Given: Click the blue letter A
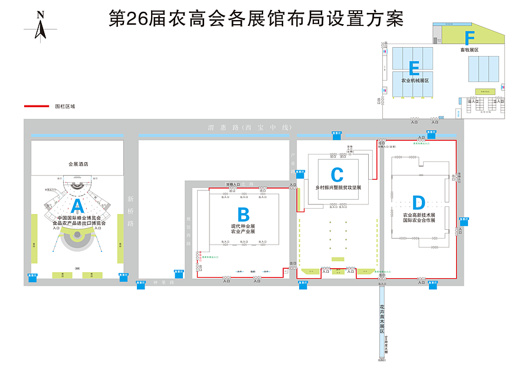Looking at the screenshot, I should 77,206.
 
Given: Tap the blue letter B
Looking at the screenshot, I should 243,214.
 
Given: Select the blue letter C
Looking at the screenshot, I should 337,174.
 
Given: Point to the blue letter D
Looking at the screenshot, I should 418,203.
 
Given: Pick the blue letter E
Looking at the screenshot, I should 414,68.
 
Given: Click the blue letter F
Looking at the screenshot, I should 470,38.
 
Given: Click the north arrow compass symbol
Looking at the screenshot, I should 40,26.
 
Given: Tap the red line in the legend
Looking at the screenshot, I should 36,107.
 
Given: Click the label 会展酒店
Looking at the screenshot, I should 78,164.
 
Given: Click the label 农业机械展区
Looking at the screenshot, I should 415,80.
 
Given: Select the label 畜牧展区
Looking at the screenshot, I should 470,50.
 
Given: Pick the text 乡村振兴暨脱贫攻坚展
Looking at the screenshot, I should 337,187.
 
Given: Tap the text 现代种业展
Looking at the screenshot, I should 243,226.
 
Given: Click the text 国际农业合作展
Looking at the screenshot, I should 419,220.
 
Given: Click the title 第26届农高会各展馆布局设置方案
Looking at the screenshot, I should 257,18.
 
